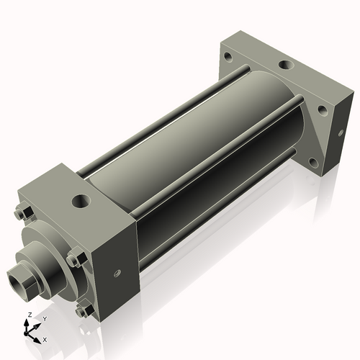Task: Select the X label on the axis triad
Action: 45,338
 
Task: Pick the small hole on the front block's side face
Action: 116,273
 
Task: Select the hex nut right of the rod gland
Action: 75,258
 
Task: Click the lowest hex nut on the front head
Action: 84,310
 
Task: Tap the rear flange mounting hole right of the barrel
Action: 321,111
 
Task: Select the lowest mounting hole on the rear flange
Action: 312,163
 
